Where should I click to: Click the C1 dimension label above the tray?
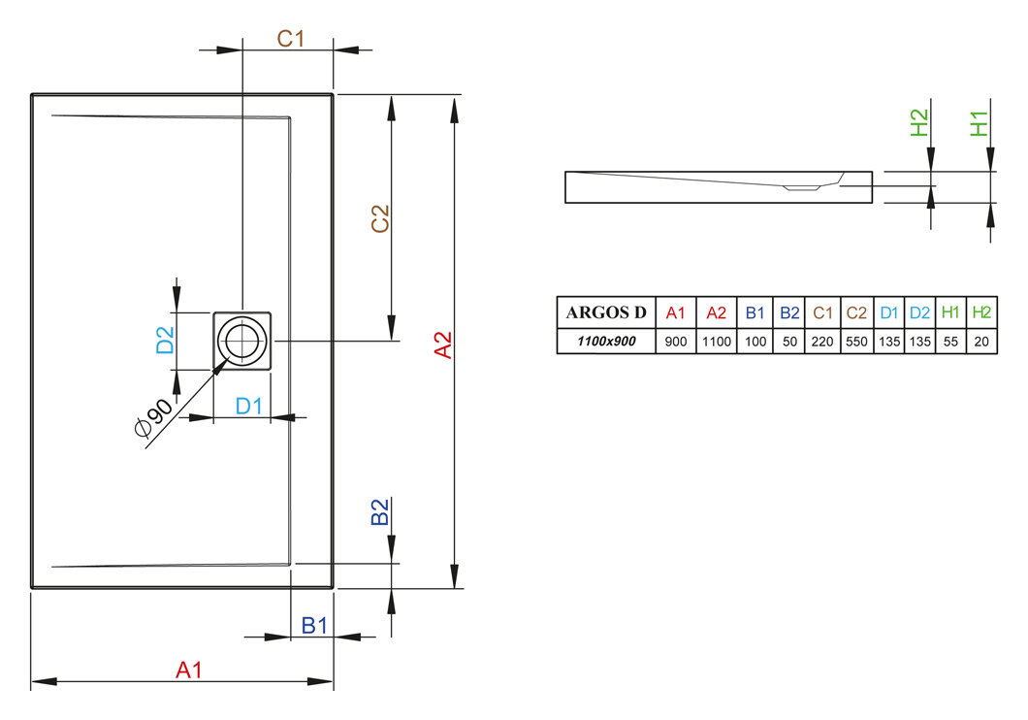point(290,39)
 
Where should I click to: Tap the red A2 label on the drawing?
point(444,344)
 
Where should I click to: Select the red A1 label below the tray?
point(189,670)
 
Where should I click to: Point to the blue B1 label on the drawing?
point(314,626)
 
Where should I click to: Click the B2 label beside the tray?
point(380,511)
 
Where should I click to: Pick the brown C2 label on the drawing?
point(380,218)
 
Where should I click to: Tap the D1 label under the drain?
point(249,407)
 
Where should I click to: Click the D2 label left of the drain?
point(165,341)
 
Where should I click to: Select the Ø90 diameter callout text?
point(153,417)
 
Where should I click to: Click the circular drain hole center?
point(241,341)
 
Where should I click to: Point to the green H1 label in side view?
point(979,123)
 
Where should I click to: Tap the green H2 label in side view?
point(919,122)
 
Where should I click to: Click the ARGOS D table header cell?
point(606,312)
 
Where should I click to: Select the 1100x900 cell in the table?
point(606,341)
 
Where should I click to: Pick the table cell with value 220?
point(822,342)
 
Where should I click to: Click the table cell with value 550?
point(856,342)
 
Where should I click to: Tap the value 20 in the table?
point(981,342)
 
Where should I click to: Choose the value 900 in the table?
point(676,342)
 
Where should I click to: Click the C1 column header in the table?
point(822,312)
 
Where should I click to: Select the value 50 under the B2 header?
point(789,342)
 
